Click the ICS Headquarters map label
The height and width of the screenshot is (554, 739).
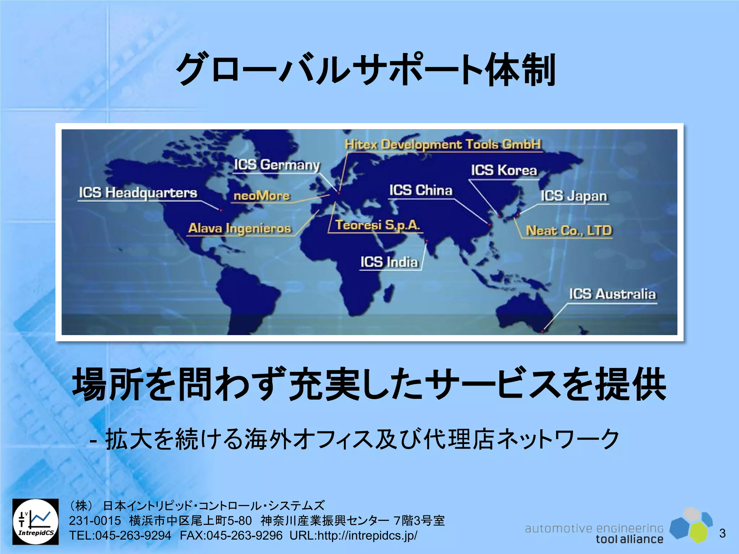[x=138, y=193]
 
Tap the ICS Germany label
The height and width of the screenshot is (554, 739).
[x=277, y=165]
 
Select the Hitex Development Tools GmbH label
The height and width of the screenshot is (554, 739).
[x=443, y=144]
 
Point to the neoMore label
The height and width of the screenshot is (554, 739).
[x=262, y=195]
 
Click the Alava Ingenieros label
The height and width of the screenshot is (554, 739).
[x=240, y=228]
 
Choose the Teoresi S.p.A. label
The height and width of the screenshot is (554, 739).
[x=377, y=225]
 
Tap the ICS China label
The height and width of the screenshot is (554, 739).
[x=420, y=190]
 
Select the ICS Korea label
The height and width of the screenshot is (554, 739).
[x=504, y=170]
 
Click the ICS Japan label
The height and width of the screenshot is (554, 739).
[x=574, y=196]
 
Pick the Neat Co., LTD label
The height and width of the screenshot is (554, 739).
[x=569, y=230]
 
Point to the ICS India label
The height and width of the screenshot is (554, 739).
[x=389, y=262]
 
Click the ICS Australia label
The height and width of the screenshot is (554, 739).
[x=612, y=294]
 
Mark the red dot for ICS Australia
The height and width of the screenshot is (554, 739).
[x=542, y=331]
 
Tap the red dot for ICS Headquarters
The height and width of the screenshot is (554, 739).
[x=221, y=210]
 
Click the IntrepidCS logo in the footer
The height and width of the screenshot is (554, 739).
[x=35, y=522]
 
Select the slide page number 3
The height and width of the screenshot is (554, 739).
[x=722, y=533]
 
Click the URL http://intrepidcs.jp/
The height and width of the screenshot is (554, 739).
[x=353, y=536]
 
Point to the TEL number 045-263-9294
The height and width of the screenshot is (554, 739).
[x=120, y=536]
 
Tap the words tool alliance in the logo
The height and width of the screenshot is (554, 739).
[x=629, y=539]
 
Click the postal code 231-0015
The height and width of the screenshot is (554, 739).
[x=95, y=521]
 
